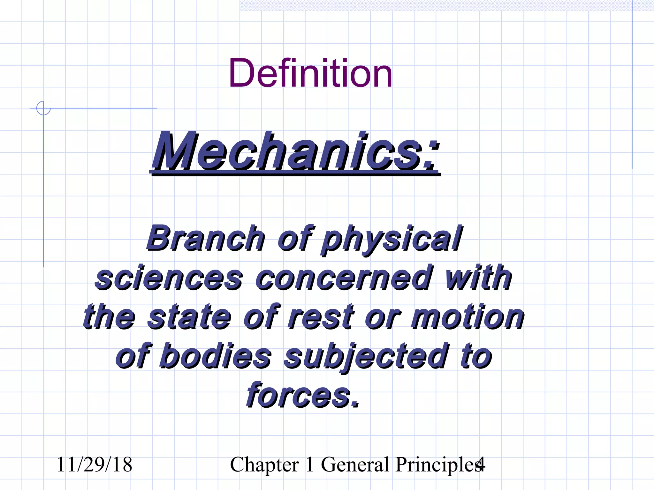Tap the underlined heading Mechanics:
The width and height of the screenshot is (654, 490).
pyautogui.click(x=295, y=152)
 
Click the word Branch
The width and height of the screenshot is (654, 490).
pyautogui.click(x=205, y=238)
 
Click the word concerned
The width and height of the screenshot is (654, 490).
pyautogui.click(x=344, y=278)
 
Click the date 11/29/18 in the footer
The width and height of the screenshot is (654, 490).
pyautogui.click(x=94, y=464)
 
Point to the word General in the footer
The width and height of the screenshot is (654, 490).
pyautogui.click(x=355, y=464)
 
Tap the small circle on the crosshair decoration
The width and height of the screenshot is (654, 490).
pyautogui.click(x=43, y=108)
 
